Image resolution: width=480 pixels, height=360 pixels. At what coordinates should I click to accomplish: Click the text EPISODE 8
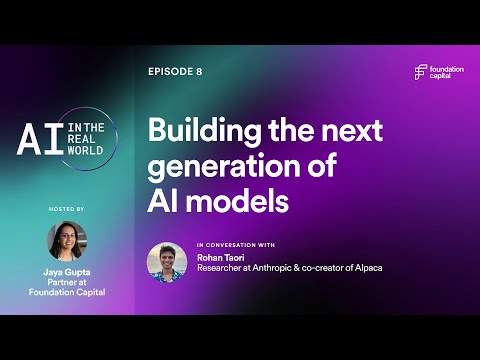point(175,72)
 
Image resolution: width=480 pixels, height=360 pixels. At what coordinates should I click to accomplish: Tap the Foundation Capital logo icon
point(421,72)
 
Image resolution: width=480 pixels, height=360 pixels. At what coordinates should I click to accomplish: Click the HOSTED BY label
point(66,208)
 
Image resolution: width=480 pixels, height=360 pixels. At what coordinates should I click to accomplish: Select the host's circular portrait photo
point(66,241)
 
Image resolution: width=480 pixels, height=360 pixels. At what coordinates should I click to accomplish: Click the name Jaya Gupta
point(67,271)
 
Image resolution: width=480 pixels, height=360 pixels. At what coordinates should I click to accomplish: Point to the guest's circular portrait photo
point(167,262)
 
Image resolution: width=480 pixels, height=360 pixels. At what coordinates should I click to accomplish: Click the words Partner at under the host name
point(67,282)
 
